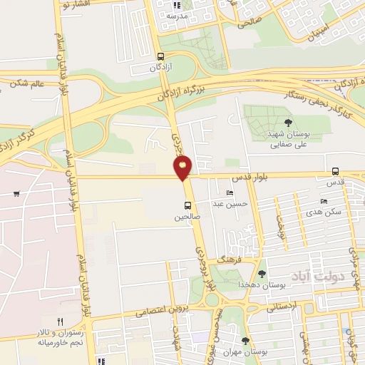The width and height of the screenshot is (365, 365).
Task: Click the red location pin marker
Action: point(182,168)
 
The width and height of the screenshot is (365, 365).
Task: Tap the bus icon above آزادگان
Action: point(160,56)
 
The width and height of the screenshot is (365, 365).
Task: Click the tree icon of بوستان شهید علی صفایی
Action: point(288,123)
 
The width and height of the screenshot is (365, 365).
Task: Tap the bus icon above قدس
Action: point(335,171)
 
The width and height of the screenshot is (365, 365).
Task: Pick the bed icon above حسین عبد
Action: point(230,192)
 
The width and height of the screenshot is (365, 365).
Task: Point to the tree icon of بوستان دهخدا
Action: point(262,274)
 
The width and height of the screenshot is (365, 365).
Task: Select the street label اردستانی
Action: point(281,307)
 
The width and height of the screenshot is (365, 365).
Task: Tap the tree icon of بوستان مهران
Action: point(246,341)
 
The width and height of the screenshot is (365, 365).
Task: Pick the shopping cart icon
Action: point(16,194)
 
